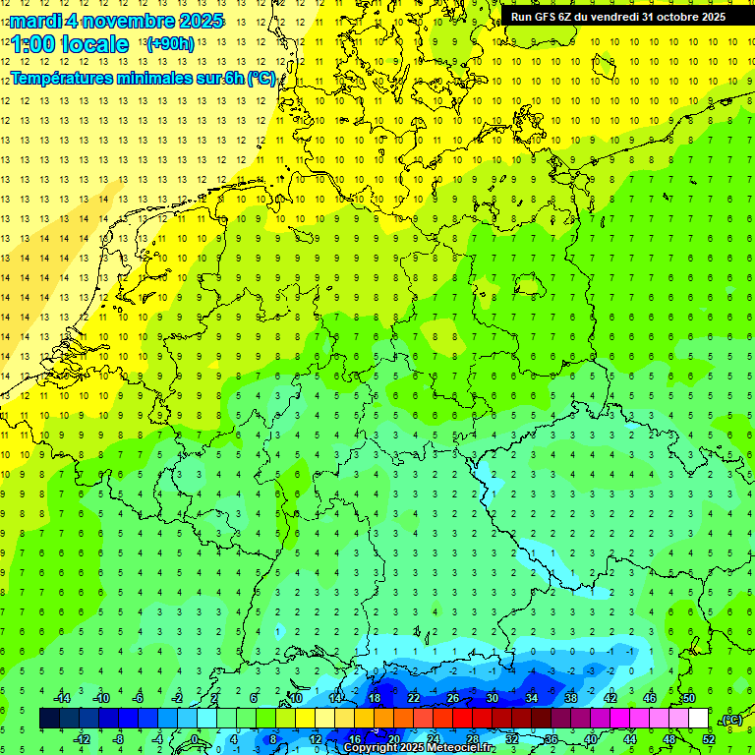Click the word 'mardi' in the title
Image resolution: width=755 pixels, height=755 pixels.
[x=36, y=21]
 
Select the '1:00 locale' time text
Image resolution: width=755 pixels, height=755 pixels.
[x=71, y=44]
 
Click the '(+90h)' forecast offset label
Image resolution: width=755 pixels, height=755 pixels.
[x=170, y=44]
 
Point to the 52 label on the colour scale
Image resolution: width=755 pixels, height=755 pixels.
[x=709, y=738]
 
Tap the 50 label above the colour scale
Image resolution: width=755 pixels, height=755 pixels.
[x=689, y=698]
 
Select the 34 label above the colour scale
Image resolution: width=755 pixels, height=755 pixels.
[x=532, y=698]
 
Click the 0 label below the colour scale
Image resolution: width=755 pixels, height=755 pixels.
[x=195, y=738]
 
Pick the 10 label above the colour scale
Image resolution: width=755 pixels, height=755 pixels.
[x=296, y=698]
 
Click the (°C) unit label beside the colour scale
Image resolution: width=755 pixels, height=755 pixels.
[x=731, y=720]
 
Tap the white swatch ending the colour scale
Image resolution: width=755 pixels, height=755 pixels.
[x=698, y=718]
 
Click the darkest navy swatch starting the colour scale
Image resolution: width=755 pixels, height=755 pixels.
[x=49, y=718]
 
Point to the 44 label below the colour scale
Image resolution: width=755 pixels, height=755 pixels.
[x=630, y=738]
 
